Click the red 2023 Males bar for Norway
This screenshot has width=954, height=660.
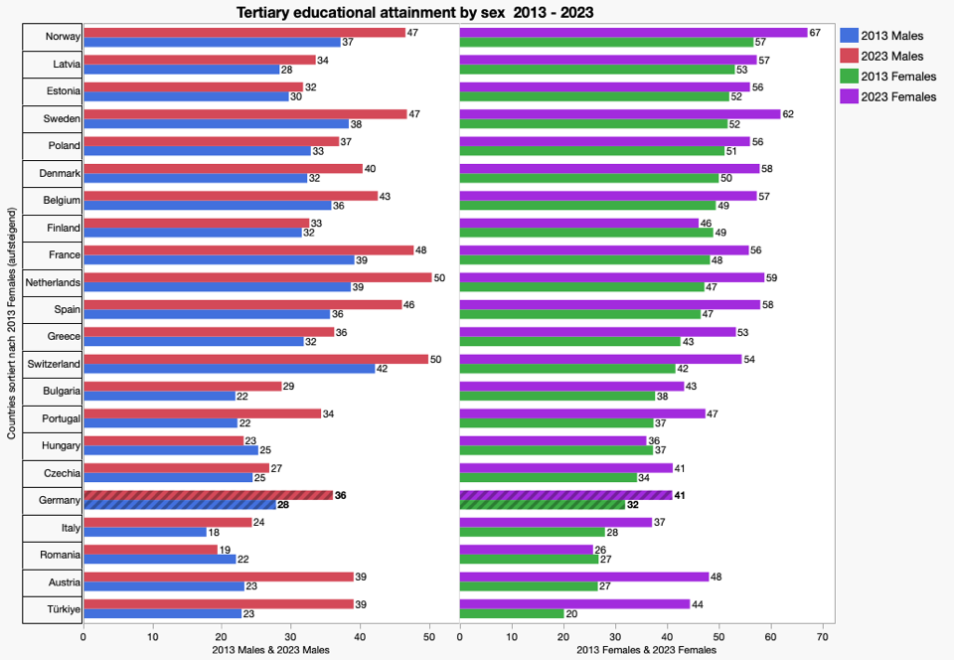[x=244, y=33]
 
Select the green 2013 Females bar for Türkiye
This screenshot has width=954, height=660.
[x=511, y=613]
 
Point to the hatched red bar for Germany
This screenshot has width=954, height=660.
[x=209, y=495]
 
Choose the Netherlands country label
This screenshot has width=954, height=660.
[x=53, y=282]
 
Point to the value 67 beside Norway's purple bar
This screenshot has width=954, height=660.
[x=815, y=33]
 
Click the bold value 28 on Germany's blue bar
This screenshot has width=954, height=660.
[x=283, y=505]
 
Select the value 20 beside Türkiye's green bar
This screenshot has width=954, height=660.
[x=571, y=613]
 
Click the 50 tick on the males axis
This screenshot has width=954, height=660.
[x=429, y=636]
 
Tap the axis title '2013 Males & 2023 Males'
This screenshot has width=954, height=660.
[x=270, y=649]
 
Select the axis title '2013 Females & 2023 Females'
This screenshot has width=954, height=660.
[x=646, y=649]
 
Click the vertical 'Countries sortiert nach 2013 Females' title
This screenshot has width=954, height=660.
[x=11, y=323]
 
